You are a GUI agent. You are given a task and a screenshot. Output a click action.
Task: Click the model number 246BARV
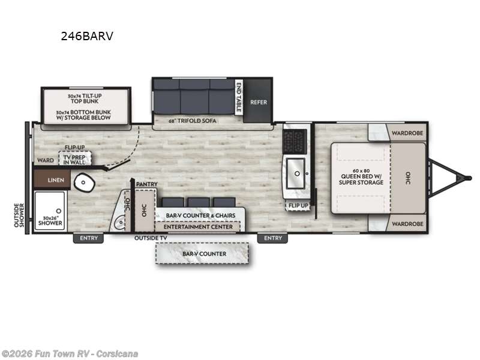pos(86,36)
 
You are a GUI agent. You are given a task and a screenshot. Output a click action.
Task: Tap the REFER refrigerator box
pos(259,102)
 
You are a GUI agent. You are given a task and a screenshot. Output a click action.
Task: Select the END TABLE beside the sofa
pos(239,97)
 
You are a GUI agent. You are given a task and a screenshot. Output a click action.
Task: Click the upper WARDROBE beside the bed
pos(407,133)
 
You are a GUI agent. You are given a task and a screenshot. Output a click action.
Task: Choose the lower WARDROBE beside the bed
pos(407,223)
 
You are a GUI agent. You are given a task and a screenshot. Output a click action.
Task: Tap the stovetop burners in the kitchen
pos(295,141)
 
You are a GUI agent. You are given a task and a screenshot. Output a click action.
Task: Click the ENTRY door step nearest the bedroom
pos(272,238)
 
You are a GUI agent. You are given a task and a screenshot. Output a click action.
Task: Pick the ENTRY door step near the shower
pos(88,238)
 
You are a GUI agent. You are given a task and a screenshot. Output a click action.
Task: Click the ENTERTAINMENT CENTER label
pos(197,227)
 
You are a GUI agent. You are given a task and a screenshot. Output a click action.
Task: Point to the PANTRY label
pos(146,184)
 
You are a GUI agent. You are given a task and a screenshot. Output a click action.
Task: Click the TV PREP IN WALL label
pos(75,159)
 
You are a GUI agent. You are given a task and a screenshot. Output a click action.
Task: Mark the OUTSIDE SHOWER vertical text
pos(19,215)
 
